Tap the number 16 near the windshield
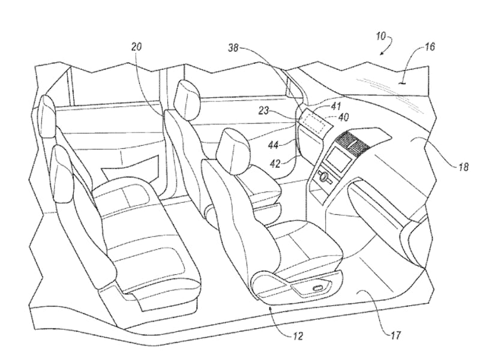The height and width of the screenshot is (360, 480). (430, 46)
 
